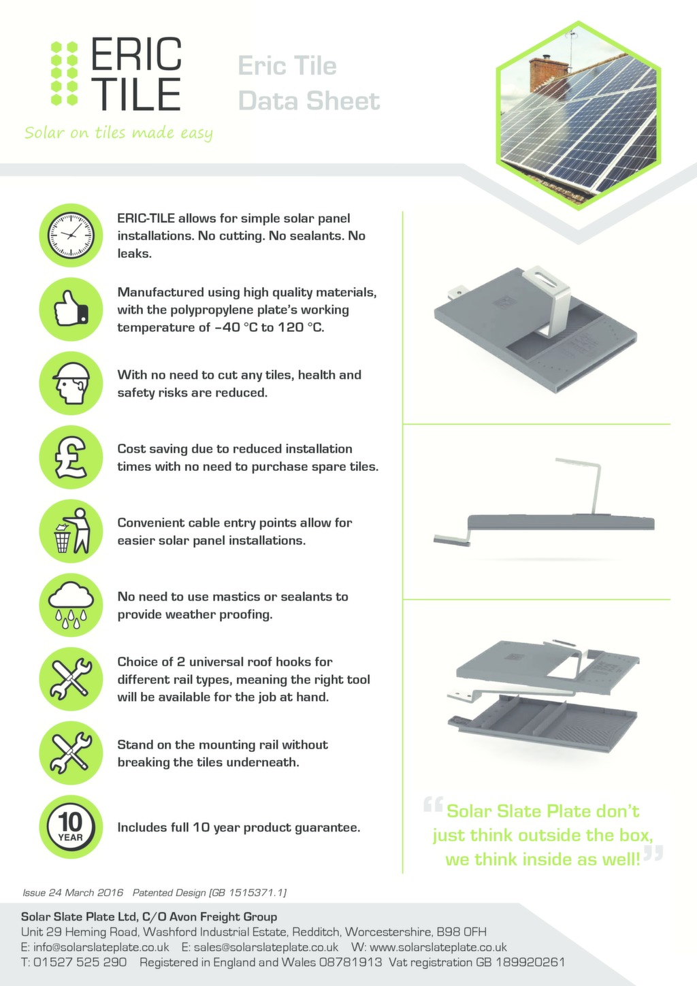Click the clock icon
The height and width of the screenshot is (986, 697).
coord(71,235)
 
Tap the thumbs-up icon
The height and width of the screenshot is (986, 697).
coord(71,309)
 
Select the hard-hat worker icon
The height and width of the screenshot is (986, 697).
coord(71,382)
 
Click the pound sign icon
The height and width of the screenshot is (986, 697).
coord(71,457)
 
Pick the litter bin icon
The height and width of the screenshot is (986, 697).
coord(71,531)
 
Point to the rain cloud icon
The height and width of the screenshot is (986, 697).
coord(71,604)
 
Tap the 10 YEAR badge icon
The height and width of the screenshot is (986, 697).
coord(71,827)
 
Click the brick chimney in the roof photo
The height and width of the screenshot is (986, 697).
coord(548,71)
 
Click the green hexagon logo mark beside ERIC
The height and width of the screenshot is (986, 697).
coord(65,73)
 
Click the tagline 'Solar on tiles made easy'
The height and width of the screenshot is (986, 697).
coord(118,133)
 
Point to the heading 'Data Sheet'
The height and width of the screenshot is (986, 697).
coord(308,101)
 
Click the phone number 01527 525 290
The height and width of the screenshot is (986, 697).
coord(80,962)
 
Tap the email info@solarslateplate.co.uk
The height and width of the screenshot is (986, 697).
coord(101,947)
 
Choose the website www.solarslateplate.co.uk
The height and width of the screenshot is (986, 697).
coord(438,947)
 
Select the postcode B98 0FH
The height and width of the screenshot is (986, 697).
coord(461,932)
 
